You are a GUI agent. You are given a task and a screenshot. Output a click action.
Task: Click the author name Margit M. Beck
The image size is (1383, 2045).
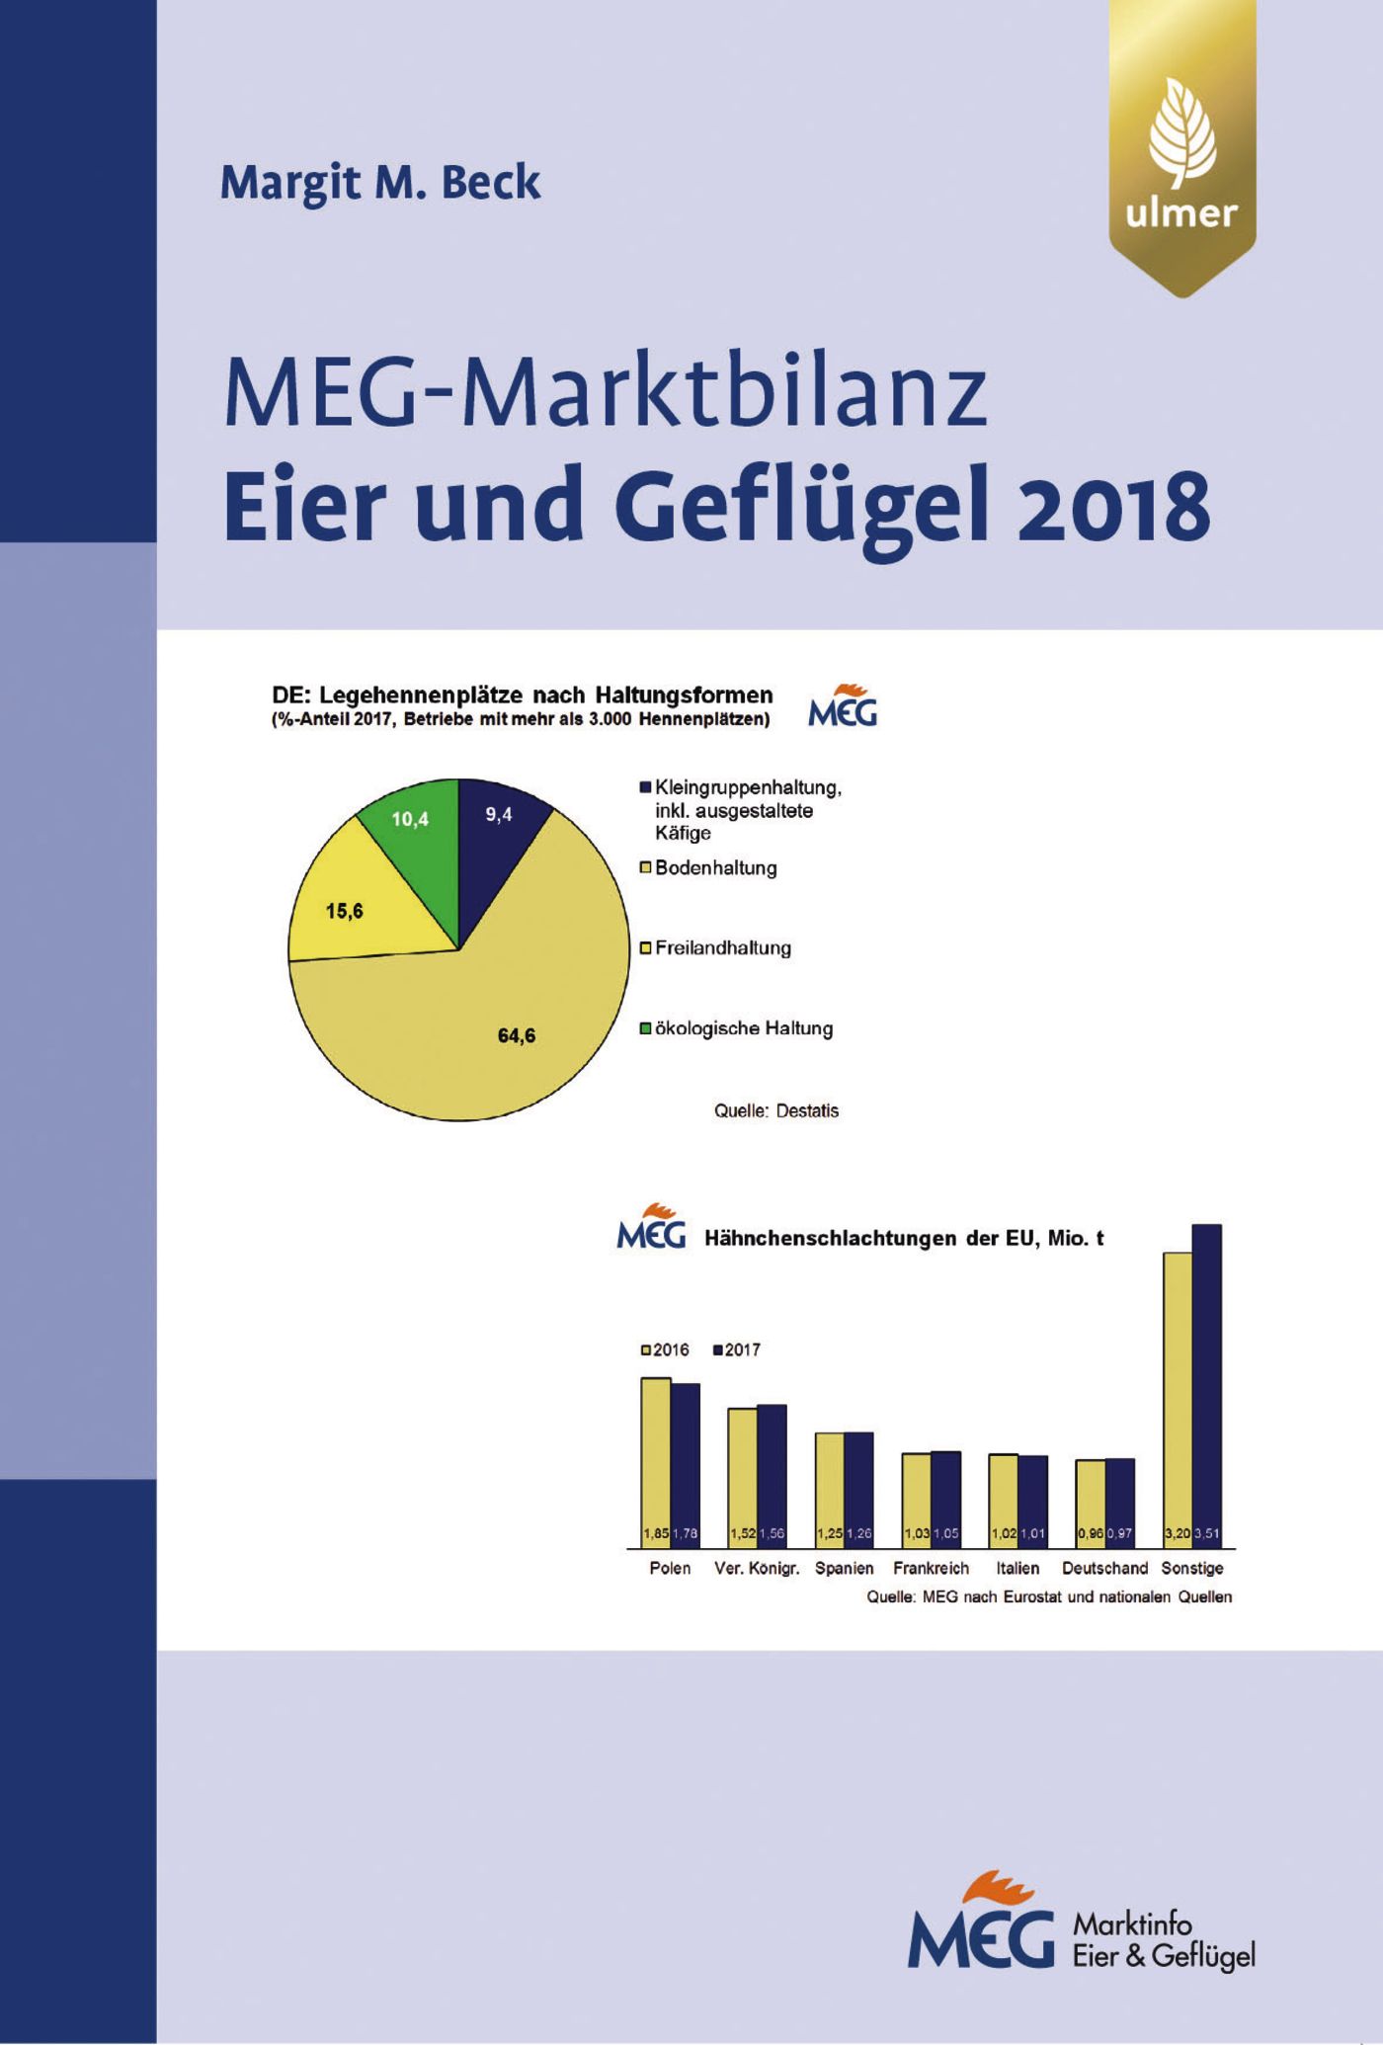(x=380, y=183)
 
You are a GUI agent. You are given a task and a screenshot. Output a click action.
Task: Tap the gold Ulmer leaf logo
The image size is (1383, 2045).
(x=1181, y=148)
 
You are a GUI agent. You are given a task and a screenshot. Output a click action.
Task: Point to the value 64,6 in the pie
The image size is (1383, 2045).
(x=517, y=1035)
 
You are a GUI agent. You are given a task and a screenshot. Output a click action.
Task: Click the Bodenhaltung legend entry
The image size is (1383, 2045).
(x=715, y=868)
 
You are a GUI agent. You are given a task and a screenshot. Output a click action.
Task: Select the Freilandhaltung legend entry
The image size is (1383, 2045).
(x=722, y=948)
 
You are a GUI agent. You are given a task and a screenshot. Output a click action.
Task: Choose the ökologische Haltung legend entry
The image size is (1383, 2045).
(x=743, y=1028)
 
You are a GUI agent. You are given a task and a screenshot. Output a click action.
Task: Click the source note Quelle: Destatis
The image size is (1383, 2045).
(x=776, y=1111)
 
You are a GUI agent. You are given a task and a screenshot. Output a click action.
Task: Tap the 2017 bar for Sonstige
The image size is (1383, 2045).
(x=1207, y=1383)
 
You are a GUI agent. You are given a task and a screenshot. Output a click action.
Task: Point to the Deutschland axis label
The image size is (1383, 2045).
(x=1104, y=1568)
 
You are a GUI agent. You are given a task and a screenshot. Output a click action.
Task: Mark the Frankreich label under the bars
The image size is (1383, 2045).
(x=931, y=1568)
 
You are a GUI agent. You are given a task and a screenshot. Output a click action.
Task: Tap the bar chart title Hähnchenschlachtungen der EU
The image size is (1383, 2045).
(x=903, y=1239)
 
